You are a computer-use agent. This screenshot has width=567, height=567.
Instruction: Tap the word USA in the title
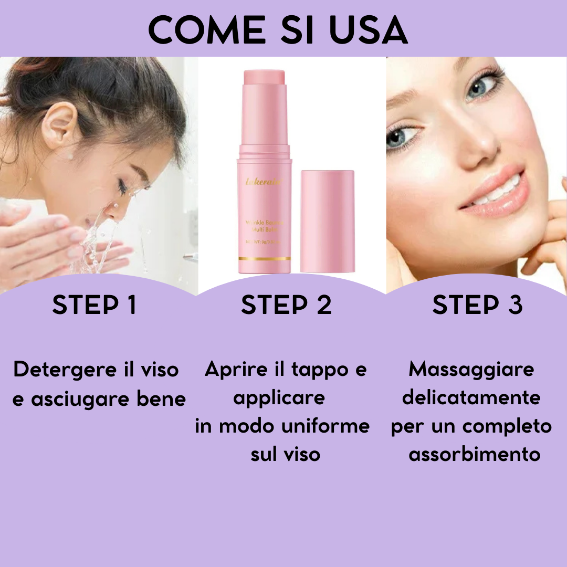368,30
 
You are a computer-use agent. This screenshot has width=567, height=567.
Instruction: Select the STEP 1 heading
94,305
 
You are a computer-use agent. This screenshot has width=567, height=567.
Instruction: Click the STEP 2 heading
287,305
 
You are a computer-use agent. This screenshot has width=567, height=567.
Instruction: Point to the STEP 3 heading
477,305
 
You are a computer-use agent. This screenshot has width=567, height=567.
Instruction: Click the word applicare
279,398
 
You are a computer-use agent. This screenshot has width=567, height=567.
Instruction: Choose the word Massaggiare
471,369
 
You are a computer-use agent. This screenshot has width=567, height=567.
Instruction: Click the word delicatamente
471,397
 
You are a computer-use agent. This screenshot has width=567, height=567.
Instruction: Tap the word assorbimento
475,454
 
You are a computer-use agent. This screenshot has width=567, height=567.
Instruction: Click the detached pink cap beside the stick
327,221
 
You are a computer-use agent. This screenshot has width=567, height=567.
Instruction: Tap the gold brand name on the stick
264,182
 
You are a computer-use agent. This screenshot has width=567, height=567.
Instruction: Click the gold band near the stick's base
264,258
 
